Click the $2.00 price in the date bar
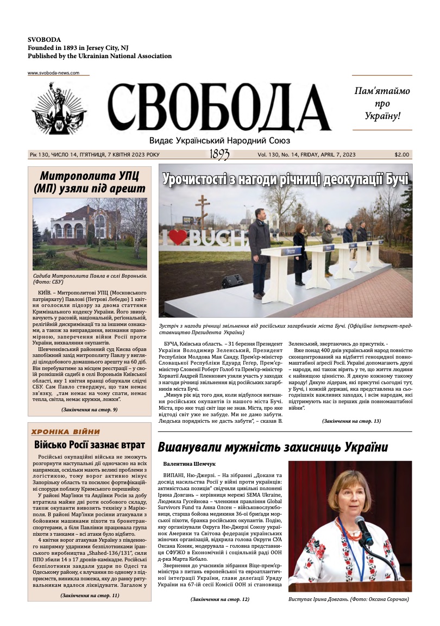[x=402, y=154]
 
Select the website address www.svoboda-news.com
[x=54, y=73]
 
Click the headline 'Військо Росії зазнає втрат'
[x=90, y=445]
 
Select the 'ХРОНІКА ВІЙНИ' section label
[x=66, y=431]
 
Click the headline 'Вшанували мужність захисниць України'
[x=273, y=447]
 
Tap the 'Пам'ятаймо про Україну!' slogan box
[x=382, y=103]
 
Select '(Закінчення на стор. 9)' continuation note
[x=89, y=409]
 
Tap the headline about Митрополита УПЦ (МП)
[x=89, y=182]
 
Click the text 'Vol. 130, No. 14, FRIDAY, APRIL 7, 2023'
[x=306, y=154]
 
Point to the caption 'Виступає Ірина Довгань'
[x=349, y=599]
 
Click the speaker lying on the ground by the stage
[x=232, y=280]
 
